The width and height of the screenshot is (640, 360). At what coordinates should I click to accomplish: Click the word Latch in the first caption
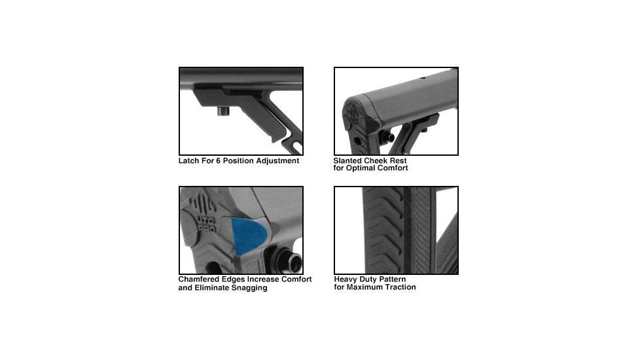pyautogui.click(x=190, y=161)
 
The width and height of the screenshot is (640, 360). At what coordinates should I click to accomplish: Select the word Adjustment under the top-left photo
pyautogui.click(x=277, y=161)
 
